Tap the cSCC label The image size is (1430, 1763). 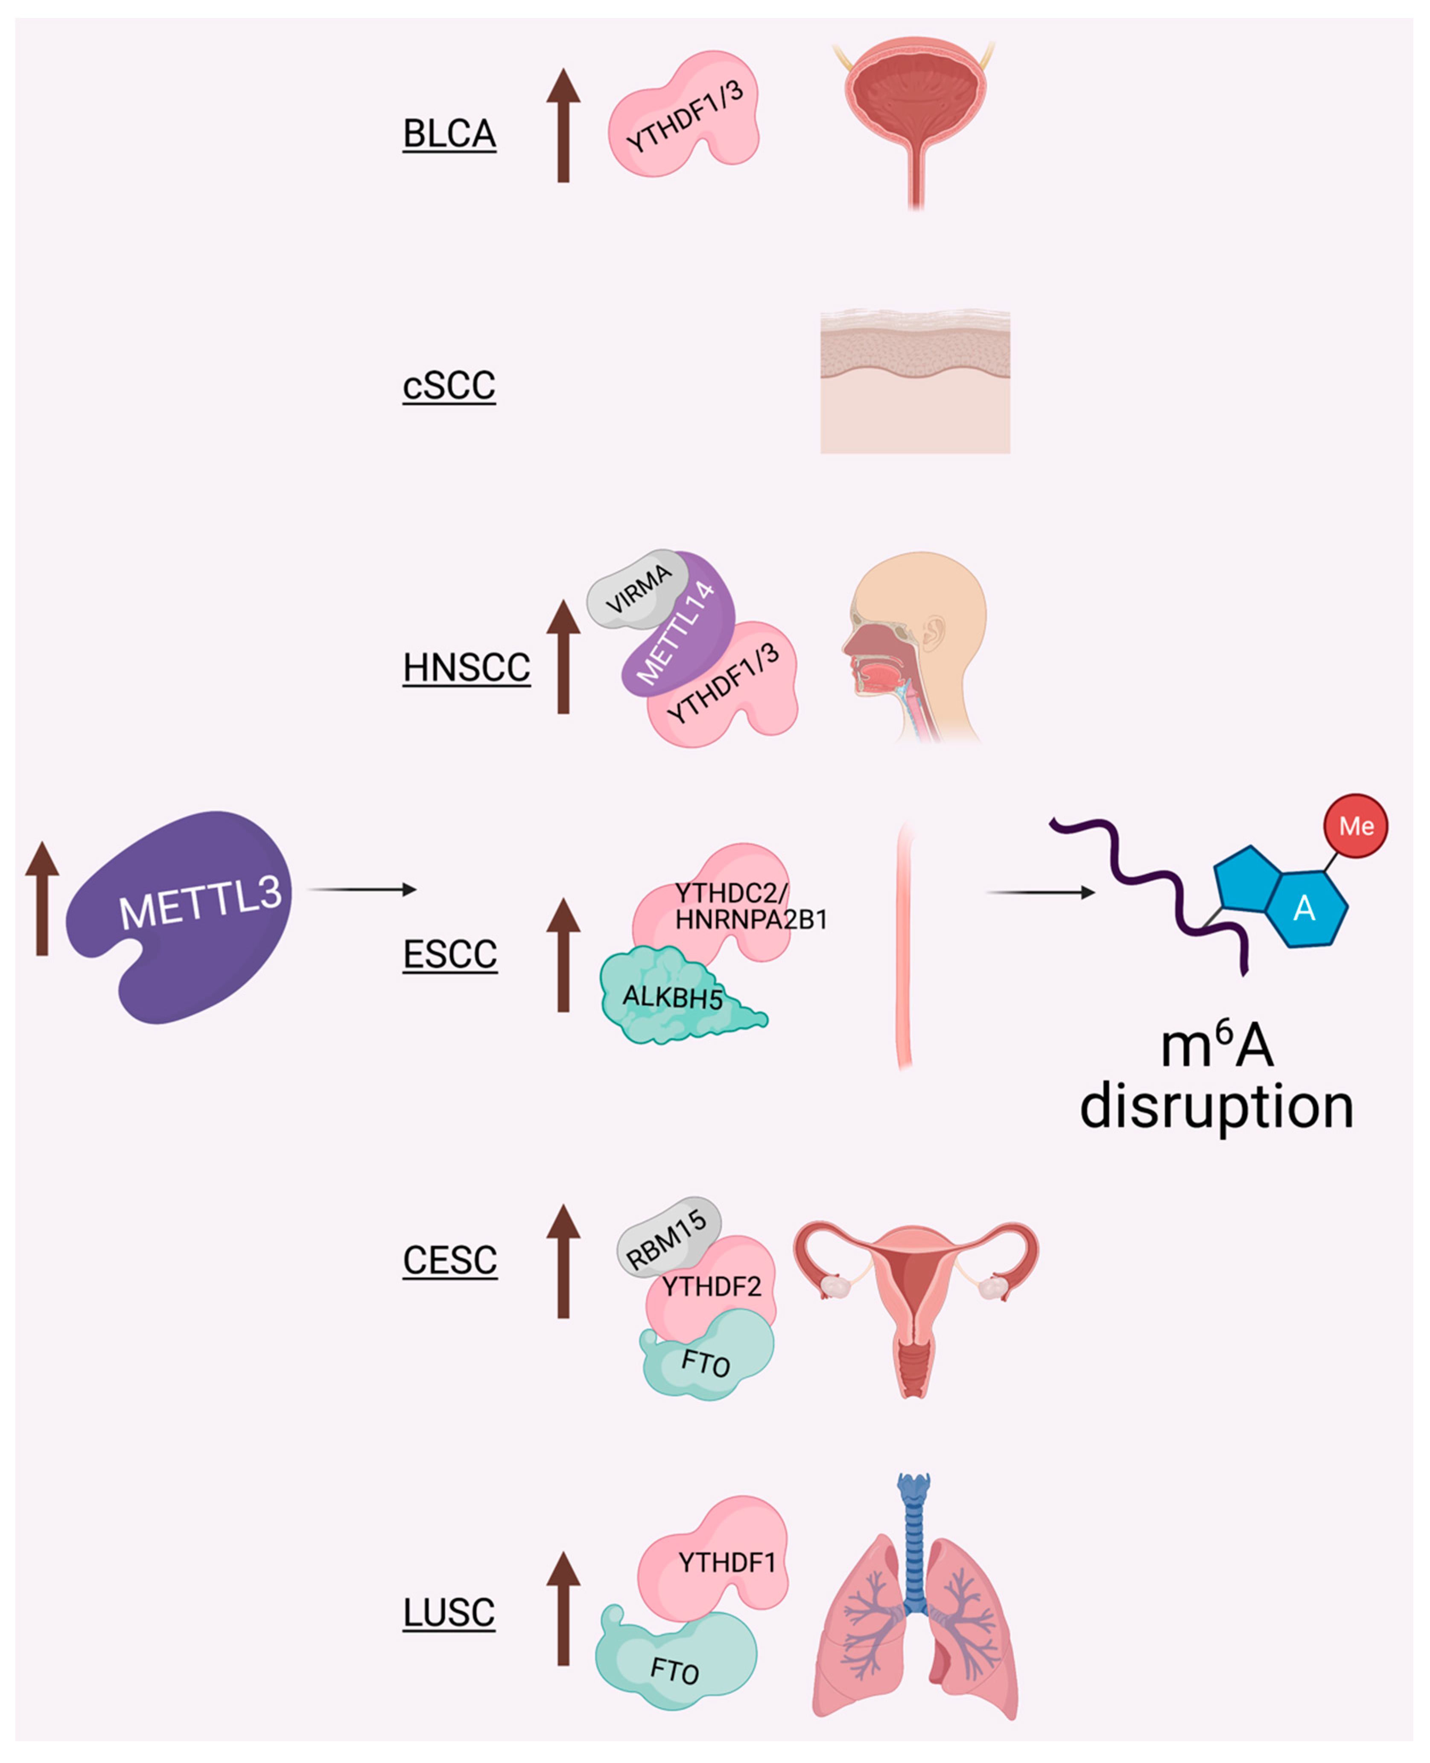(449, 385)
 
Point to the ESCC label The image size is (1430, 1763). (450, 954)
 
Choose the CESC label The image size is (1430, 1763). (450, 1260)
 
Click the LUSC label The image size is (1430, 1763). (449, 1612)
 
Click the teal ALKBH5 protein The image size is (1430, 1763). (671, 998)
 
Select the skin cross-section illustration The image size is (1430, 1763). (914, 383)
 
